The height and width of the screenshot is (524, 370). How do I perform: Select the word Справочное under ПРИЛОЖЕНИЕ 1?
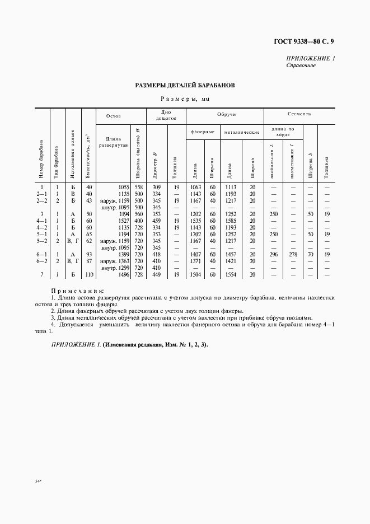301,65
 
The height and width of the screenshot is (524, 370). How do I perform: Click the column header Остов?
114,116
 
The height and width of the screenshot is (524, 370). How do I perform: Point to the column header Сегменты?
299,114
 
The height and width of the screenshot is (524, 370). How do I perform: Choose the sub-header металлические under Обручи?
241,132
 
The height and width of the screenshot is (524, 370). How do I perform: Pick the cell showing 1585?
230,221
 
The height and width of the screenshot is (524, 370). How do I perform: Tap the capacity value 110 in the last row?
88,274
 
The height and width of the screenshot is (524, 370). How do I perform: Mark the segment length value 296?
273,254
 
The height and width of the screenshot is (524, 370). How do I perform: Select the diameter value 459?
157,221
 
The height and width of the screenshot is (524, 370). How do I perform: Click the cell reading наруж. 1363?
115,261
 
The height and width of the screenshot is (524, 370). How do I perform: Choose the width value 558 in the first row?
138,187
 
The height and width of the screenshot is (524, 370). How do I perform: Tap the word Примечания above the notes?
77,291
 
